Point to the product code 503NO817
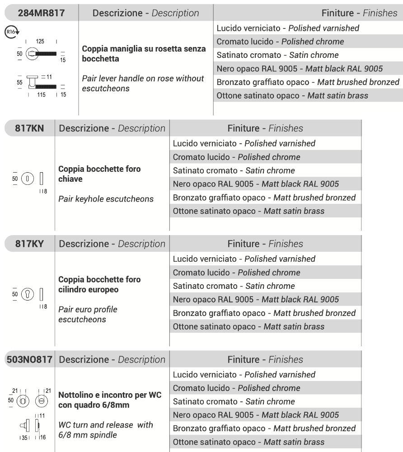29,360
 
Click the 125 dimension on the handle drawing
40,42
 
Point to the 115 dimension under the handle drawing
41,95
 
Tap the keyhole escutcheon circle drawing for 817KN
28,179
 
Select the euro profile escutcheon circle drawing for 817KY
28,294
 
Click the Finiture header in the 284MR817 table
359,13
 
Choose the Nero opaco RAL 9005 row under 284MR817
300,69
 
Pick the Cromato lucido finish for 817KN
236,157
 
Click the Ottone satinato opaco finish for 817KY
248,327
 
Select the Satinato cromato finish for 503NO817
234,401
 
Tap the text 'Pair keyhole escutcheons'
106,199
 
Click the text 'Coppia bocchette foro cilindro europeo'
99,284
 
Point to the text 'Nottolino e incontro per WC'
110,395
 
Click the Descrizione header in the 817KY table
112,244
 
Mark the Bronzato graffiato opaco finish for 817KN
264,198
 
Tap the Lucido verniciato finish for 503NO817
244,375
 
